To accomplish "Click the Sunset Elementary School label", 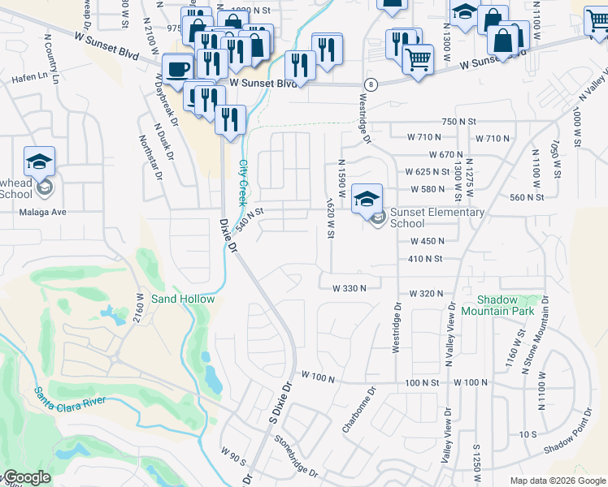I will click(431, 218).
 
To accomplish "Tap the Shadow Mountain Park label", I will click(497, 305).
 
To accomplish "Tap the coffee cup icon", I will click(177, 68).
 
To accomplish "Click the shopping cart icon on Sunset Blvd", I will click(417, 59).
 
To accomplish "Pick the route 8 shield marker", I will click(371, 84).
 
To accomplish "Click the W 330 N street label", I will click(350, 287).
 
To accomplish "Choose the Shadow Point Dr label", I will click(569, 443).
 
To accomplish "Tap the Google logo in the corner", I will click(26, 478).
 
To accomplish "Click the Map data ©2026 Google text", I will click(558, 481).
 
